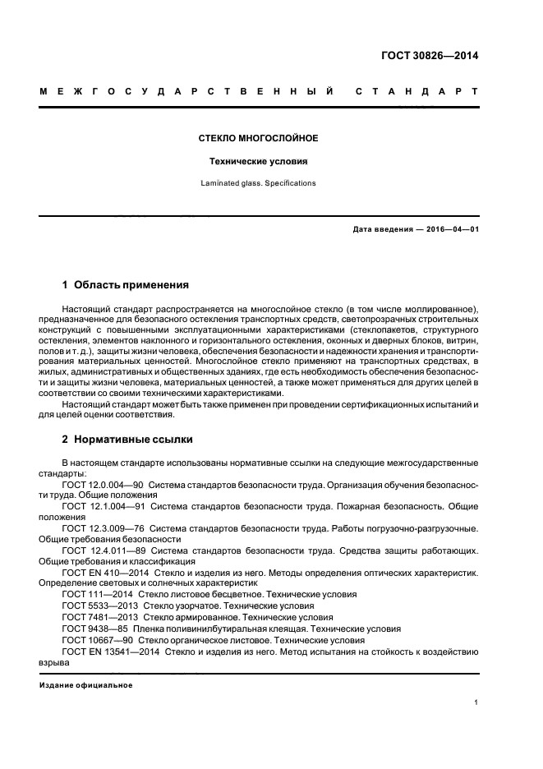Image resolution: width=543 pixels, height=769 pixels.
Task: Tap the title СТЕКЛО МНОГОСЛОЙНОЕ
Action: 259,138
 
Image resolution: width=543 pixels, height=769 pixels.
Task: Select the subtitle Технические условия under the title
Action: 259,162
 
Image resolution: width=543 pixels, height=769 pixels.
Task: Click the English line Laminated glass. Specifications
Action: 259,183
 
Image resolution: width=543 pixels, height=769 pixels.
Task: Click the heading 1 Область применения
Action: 126,285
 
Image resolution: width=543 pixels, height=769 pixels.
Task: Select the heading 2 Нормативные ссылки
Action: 127,440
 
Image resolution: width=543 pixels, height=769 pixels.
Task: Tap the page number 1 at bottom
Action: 476,703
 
